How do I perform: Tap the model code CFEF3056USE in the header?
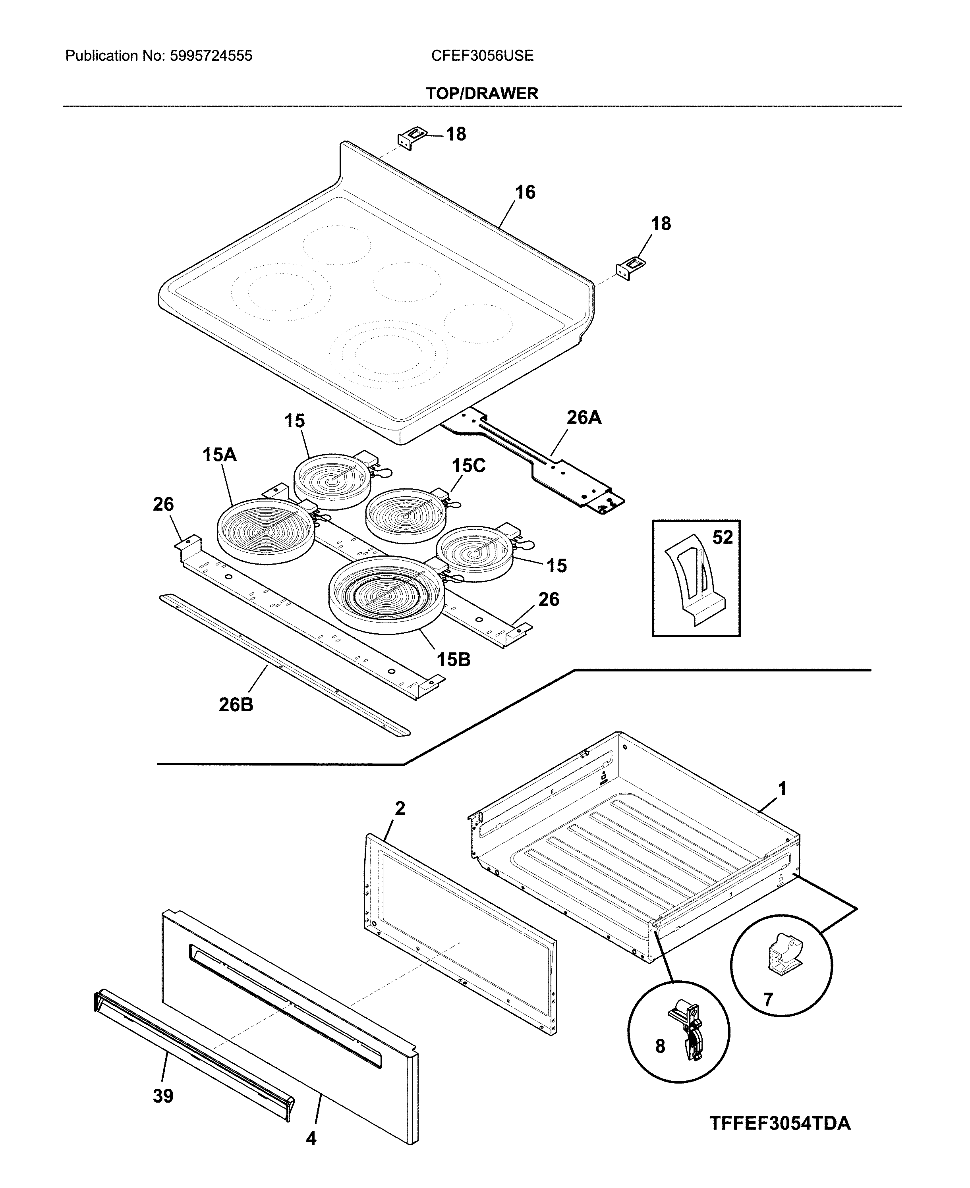[x=482, y=56]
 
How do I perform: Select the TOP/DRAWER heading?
[x=482, y=93]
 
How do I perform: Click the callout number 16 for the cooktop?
[x=525, y=192]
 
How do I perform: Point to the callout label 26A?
[x=584, y=417]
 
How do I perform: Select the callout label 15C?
[x=468, y=465]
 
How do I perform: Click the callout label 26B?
[x=236, y=705]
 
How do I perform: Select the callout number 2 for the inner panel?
[x=400, y=808]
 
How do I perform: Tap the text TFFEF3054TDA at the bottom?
[x=780, y=1123]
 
